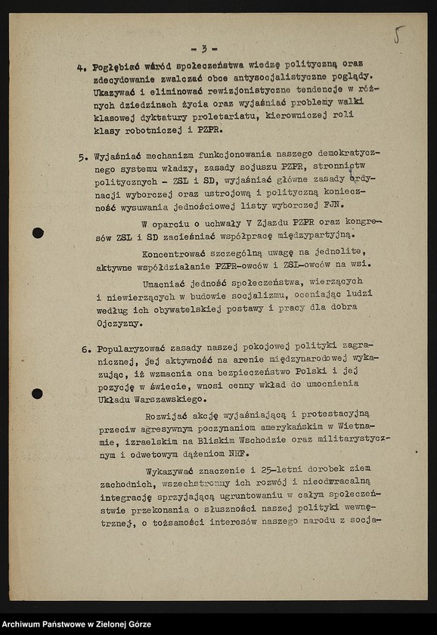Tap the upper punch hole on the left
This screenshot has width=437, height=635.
38,233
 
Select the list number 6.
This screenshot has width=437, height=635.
85,350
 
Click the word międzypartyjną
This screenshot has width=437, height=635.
310,235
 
